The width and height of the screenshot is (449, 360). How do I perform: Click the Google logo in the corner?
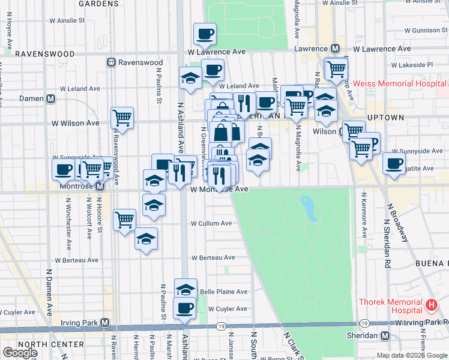20,353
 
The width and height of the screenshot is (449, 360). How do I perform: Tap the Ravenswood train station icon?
111,62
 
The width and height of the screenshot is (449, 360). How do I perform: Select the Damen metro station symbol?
51,98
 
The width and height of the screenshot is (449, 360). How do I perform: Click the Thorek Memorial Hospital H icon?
430,305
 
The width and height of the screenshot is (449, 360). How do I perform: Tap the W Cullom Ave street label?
211,223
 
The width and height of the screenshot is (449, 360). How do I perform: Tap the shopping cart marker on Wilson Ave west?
122,118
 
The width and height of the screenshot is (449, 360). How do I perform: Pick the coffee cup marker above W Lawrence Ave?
205,34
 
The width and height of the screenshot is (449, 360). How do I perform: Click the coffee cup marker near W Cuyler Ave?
184,308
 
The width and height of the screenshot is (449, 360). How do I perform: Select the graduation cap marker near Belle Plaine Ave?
186,289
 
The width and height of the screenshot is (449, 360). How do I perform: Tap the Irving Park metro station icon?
104,323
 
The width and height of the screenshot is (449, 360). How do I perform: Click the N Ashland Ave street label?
179,126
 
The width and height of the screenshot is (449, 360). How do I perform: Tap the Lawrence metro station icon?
335,49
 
